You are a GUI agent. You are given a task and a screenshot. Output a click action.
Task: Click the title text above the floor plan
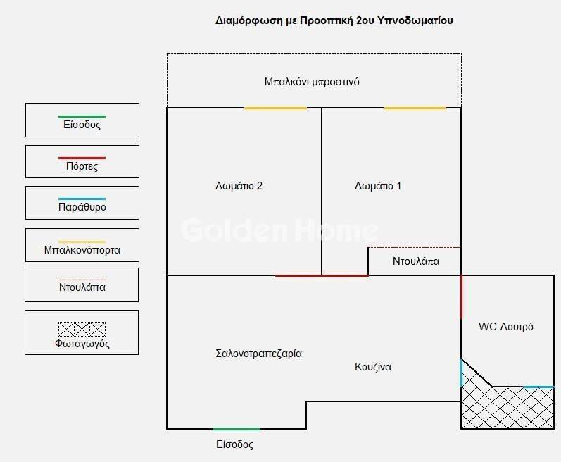tap(334, 20)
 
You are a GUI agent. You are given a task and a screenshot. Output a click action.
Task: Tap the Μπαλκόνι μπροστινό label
tap(312, 82)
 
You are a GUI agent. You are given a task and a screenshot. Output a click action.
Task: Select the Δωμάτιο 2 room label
tap(239, 187)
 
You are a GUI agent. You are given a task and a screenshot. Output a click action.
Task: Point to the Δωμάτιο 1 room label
tap(378, 187)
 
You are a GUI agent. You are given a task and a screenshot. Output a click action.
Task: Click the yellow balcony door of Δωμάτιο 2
tap(275, 108)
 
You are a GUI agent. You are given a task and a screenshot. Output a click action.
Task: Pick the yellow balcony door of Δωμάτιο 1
tap(415, 108)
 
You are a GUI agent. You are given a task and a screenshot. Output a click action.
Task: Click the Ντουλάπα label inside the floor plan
tap(416, 261)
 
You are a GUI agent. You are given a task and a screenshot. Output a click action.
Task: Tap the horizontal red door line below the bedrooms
tap(322, 275)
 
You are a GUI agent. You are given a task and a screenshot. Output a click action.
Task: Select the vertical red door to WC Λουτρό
tap(461, 297)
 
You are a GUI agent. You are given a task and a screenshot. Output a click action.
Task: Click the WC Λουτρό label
tap(505, 327)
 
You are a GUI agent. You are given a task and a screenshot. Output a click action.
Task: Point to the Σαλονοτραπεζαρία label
tap(258, 354)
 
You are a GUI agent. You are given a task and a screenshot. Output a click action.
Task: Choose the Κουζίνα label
tap(373, 367)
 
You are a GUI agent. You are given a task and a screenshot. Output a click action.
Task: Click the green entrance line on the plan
tap(237, 428)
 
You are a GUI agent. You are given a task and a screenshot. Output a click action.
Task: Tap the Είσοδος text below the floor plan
tap(234, 445)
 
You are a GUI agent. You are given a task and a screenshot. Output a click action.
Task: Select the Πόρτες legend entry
tap(82, 161)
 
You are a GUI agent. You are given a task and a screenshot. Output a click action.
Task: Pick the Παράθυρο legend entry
tap(82, 203)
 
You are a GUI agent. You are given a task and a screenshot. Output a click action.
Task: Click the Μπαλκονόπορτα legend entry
tap(82, 244)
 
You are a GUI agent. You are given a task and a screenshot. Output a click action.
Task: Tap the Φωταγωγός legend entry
tap(82, 332)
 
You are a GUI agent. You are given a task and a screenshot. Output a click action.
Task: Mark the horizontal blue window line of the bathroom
tap(538, 387)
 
